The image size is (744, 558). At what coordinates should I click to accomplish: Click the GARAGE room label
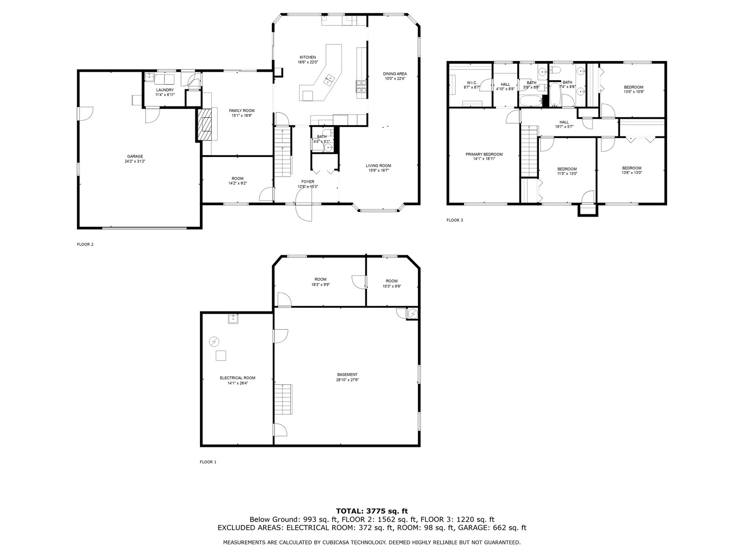[x=135, y=157]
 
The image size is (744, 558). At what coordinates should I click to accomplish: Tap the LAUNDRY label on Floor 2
[x=165, y=90]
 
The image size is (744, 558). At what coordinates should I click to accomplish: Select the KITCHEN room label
[x=307, y=57]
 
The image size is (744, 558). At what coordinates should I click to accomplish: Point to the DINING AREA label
[x=395, y=74]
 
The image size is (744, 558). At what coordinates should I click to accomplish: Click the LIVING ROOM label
[x=378, y=166]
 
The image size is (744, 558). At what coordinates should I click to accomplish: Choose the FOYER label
[x=307, y=182]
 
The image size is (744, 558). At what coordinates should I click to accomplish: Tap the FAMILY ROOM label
[x=242, y=111]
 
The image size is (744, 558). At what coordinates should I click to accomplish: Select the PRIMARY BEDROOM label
[x=484, y=154]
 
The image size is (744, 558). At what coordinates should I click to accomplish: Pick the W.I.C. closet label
[x=472, y=83]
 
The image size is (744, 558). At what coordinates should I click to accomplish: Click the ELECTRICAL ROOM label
[x=237, y=378]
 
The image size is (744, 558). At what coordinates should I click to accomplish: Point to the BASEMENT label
[x=347, y=375]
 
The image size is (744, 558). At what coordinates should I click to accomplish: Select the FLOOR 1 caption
[x=208, y=462]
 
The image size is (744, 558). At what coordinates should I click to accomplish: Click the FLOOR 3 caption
[x=455, y=220]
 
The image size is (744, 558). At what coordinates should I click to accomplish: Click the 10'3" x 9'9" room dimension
[x=392, y=286]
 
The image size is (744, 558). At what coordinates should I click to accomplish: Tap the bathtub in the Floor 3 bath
[x=555, y=95]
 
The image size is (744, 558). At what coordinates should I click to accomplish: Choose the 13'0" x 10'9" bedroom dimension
[x=633, y=92]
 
